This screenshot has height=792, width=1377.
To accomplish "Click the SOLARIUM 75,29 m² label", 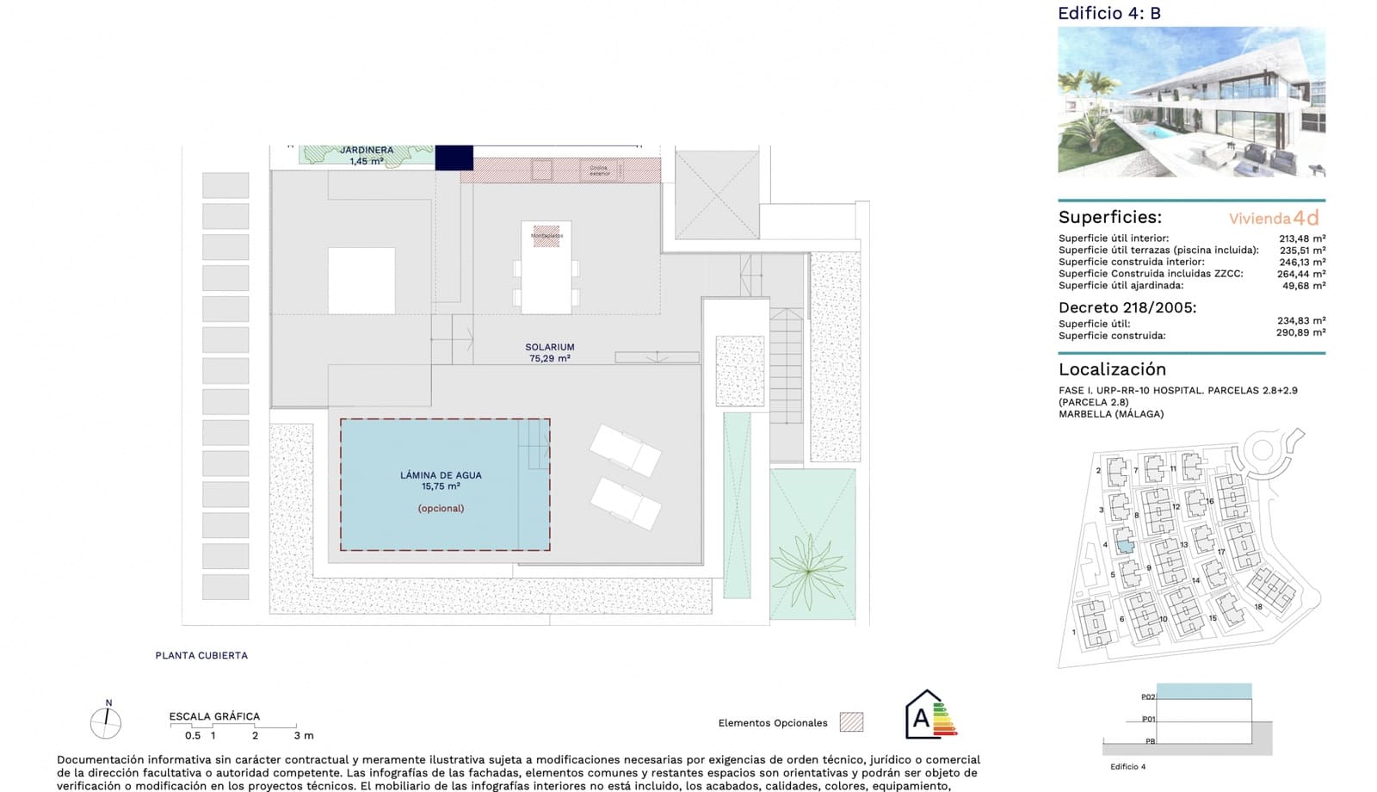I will tap(549, 353).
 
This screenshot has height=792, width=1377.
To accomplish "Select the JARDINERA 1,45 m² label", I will tap(367, 155).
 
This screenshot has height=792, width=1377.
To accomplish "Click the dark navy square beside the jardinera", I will tap(454, 158).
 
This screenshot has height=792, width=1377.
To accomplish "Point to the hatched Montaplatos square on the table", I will tap(546, 235).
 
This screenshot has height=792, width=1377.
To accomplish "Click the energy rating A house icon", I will tap(928, 715).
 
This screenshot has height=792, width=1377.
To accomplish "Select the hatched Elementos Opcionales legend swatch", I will tap(851, 722).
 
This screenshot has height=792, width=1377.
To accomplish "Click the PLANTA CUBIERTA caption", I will tap(201, 655).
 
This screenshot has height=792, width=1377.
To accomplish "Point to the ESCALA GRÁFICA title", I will tap(214, 716).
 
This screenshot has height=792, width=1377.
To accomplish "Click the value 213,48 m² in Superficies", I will tap(1301, 238).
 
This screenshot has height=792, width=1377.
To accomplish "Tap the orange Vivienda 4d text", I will tap(1273, 219).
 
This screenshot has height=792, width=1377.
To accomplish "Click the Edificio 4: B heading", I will tap(1109, 13).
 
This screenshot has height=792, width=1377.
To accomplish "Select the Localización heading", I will tap(1112, 369).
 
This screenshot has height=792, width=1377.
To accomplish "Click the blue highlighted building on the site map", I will tap(1124, 541).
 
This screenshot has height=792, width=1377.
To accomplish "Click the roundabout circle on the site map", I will tap(1262, 449).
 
